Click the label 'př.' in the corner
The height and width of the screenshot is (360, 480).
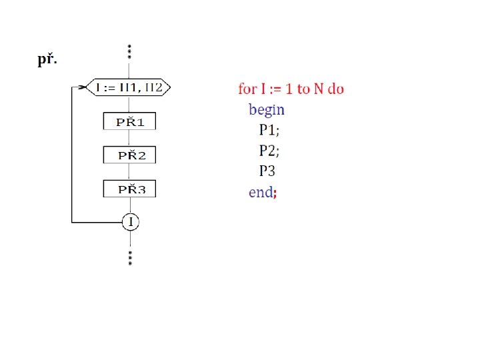tap(47, 61)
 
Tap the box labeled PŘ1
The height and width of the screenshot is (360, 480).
tap(129, 121)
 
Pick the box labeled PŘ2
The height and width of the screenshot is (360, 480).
tap(129, 155)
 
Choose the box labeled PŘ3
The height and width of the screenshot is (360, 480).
tap(129, 189)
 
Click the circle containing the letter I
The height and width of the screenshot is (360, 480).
tap(130, 222)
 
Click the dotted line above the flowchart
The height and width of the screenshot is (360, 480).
tap(129, 51)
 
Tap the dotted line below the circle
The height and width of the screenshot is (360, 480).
tap(130, 257)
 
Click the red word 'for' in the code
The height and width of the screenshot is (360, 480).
tap(247, 89)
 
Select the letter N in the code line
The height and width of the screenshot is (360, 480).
tap(317, 89)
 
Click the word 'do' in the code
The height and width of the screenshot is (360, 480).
tap(336, 89)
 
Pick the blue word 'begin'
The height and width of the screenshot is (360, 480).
tap(266, 110)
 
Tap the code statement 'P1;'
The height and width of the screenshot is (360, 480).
tap(269, 130)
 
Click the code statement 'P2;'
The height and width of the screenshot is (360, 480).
tap(269, 150)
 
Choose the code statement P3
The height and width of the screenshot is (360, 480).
tap(268, 171)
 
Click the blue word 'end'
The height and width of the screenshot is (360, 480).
tap(260, 192)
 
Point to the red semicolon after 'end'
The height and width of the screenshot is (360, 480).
tap(275, 193)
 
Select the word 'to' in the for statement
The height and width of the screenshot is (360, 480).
tap(303, 89)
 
